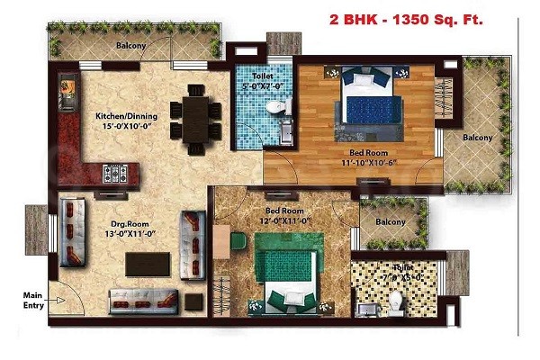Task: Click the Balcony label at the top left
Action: pos(131,44)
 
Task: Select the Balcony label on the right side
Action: pos(477,138)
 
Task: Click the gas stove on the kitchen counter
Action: pos(116,171)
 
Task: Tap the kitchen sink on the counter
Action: pos(67,88)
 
